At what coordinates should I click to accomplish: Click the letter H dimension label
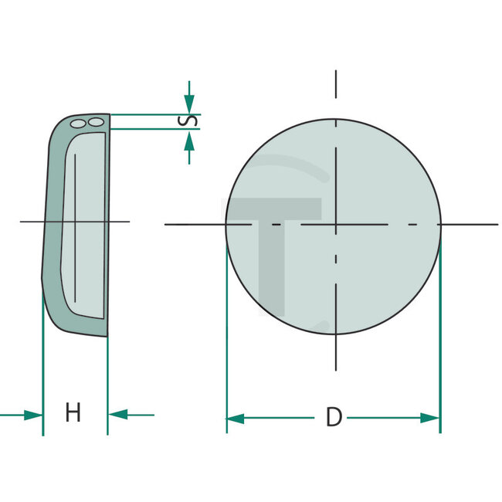tap(73, 413)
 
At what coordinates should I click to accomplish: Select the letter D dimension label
tap(333, 418)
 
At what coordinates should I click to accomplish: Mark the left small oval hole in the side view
tap(77, 123)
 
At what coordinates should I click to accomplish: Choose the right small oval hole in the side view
tap(95, 122)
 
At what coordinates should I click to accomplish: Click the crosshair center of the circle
tap(336, 225)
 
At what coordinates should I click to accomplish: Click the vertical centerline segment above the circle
tap(336, 85)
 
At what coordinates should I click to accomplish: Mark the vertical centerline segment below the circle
tap(336, 354)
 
